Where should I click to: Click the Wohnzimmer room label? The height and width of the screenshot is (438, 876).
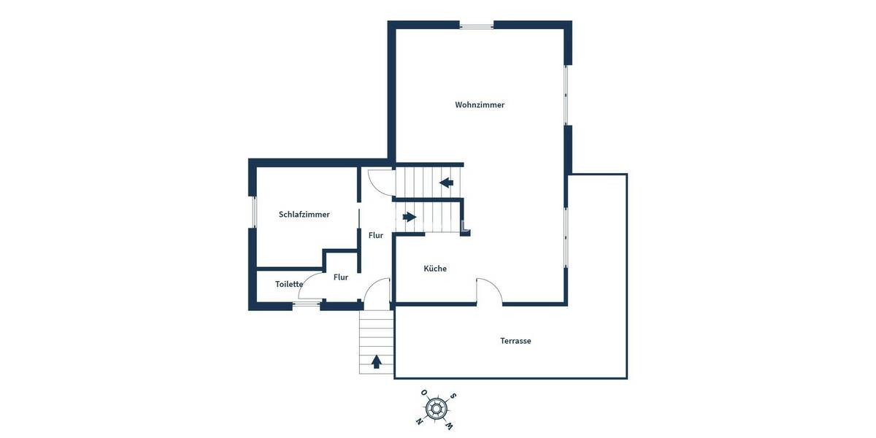480,105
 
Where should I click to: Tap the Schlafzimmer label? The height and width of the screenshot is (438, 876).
304,215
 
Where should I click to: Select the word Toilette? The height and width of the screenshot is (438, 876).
289,284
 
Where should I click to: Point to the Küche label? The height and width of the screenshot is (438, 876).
435,269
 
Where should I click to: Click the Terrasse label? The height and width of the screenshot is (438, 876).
515,341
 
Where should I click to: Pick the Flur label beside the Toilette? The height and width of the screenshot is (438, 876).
341,277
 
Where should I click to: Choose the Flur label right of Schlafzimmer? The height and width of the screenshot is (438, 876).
376,235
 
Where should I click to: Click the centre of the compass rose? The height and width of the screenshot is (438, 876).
437,409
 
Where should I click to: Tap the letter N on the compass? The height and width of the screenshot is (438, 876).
419,421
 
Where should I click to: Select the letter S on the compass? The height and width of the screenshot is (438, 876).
453,396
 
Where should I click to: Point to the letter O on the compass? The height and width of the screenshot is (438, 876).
424,393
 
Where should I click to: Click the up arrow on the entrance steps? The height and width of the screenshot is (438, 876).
377,361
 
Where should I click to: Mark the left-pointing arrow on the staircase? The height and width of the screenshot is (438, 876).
446,182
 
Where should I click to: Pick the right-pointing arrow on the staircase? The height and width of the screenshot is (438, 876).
409,217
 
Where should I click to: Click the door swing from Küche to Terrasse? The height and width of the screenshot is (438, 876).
488,291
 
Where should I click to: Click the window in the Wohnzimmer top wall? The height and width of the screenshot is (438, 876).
477,26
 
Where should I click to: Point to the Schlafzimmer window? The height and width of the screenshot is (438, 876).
253,212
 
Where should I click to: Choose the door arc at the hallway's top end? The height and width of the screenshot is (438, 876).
380,181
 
